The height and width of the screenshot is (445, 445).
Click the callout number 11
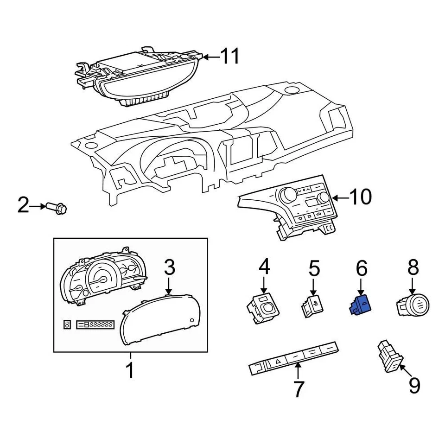coord(229,57)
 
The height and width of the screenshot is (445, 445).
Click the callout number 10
coord(360,197)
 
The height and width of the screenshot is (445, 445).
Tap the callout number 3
coord(170,267)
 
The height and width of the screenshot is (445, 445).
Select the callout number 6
coord(361,268)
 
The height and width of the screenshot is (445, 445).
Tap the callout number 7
coord(298,389)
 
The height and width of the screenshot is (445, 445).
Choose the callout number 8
coord(413,268)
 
